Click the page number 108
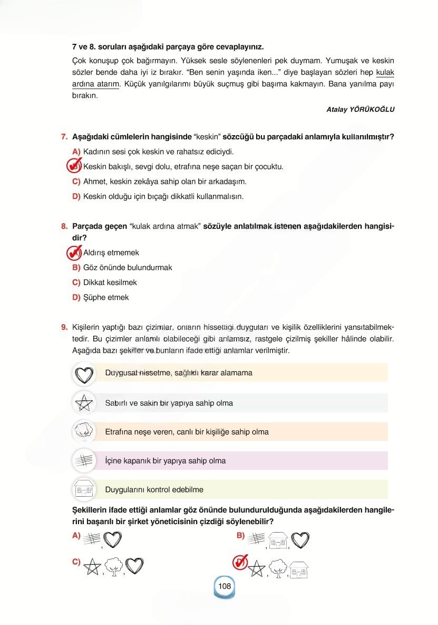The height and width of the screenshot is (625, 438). (x=224, y=586)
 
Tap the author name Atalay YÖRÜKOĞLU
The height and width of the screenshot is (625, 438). (x=361, y=109)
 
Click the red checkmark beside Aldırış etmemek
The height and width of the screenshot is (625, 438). (x=74, y=253)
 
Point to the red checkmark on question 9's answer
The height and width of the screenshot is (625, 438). (x=240, y=563)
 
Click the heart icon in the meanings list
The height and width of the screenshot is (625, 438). (x=84, y=374)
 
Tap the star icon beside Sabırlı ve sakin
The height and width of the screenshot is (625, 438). (x=84, y=403)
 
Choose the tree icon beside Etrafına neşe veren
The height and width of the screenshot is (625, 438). (x=84, y=432)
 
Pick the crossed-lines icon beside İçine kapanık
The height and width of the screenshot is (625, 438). (x=84, y=461)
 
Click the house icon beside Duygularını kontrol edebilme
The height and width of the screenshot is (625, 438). (x=84, y=490)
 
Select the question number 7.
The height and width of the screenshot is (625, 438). (x=64, y=137)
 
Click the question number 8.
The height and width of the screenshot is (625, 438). (x=64, y=226)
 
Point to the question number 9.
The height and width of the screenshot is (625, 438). (x=64, y=327)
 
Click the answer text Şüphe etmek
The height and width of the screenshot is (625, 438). (x=106, y=297)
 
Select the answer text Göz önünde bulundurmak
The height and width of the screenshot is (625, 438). (x=128, y=268)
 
